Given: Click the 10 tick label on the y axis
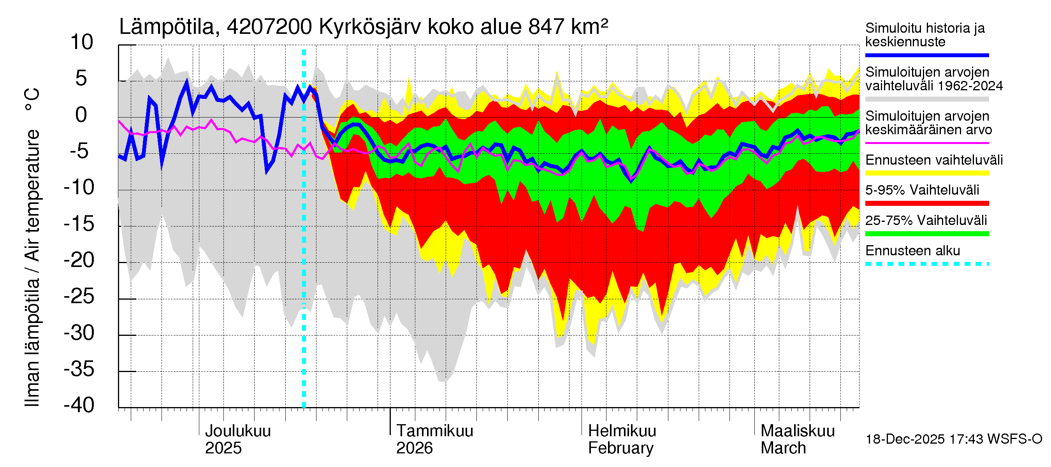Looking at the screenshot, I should point(82,42).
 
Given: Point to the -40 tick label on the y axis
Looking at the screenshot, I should point(79,406).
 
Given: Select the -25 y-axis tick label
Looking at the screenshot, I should point(79,297).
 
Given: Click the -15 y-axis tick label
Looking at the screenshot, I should point(79,224).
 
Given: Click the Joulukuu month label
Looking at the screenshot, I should point(238,431).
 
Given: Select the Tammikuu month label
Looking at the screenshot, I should point(434,431).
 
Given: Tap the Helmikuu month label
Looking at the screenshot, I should point(622,431).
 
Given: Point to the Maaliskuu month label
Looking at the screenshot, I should point(798,431).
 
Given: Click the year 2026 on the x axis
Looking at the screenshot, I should point(414,448).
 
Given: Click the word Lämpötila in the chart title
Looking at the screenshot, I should point(167,27).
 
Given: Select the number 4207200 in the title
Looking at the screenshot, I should point(270,27).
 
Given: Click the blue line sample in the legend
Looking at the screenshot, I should point(927,55).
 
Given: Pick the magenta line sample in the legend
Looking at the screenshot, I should point(927,143).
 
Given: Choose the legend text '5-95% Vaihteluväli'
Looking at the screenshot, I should point(922,190).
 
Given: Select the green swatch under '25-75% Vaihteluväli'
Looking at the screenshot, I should point(927,234).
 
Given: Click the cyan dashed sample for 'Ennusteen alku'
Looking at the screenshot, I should point(927,264).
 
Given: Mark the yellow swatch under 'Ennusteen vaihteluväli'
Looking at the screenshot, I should point(927,173).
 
